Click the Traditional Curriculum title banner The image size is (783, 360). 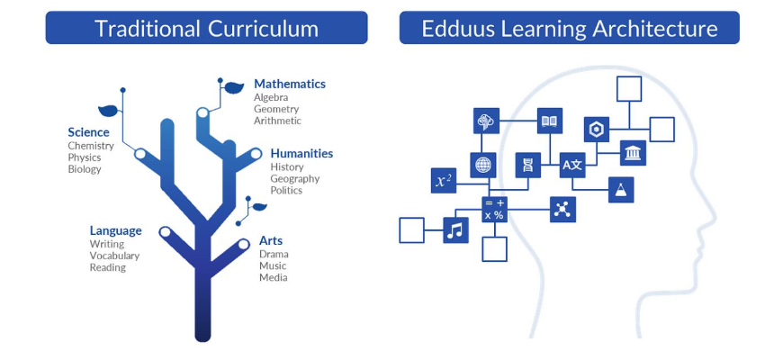pyautogui.click(x=206, y=28)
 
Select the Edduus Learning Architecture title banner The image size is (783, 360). pyautogui.click(x=570, y=28)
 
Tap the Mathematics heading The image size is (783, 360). pyautogui.click(x=289, y=84)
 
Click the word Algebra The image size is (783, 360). pyautogui.click(x=271, y=97)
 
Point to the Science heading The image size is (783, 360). pyautogui.click(x=88, y=132)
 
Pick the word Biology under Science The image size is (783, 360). pyautogui.click(x=85, y=169)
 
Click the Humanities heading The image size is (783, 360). pyautogui.click(x=301, y=153)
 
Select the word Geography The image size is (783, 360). pyautogui.click(x=294, y=178)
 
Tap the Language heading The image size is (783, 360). pyautogui.click(x=115, y=230)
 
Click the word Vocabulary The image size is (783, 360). pyautogui.click(x=114, y=256)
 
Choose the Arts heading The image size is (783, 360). pyautogui.click(x=271, y=240)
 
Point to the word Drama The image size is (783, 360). pyautogui.click(x=274, y=254)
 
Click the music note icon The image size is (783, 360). pyautogui.click(x=456, y=230)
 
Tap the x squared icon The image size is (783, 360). pyautogui.click(x=444, y=181)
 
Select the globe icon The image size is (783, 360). pyautogui.click(x=484, y=165)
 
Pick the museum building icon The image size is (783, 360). pyautogui.click(x=633, y=153)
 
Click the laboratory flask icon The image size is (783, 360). pyautogui.click(x=621, y=189)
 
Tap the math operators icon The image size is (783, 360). pyautogui.click(x=494, y=210)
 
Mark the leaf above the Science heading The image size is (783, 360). pyautogui.click(x=109, y=111)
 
